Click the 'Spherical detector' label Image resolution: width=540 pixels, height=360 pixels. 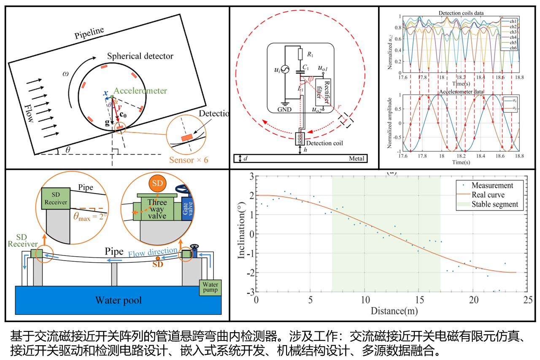pyautogui.click(x=140, y=56)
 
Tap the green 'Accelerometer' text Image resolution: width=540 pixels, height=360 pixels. pyautogui.click(x=140, y=91)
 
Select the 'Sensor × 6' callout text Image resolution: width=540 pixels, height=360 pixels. pyautogui.click(x=189, y=160)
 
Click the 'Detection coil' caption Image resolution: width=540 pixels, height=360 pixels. pyautogui.click(x=324, y=143)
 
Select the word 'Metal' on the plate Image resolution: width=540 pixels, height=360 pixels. pyautogui.click(x=356, y=159)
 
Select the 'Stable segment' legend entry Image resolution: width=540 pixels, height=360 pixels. pyautogui.click(x=494, y=205)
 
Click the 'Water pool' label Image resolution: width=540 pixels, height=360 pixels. pyautogui.click(x=119, y=301)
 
